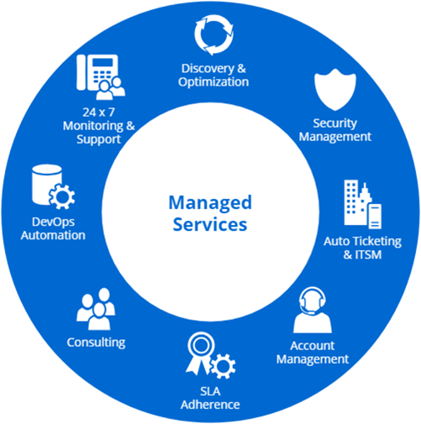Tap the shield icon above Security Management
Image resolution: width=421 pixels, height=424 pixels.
pyautogui.click(x=335, y=90)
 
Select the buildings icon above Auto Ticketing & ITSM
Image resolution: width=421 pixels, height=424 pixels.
pyautogui.click(x=362, y=204)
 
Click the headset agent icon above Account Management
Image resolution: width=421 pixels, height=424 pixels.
pyautogui.click(x=313, y=310)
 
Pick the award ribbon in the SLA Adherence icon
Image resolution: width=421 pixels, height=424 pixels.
pyautogui.click(x=201, y=353)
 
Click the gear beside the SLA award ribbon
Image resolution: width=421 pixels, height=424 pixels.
pyautogui.click(x=224, y=366)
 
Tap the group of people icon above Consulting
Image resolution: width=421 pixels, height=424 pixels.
pyautogui.click(x=96, y=309)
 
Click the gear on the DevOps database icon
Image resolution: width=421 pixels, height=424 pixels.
pyautogui.click(x=62, y=196)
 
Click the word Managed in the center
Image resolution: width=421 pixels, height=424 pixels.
pyautogui.click(x=210, y=204)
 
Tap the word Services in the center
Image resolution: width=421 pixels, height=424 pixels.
pyautogui.click(x=210, y=224)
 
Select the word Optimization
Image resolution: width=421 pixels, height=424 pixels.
pyautogui.click(x=213, y=82)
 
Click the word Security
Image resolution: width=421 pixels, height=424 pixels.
pyautogui.click(x=335, y=123)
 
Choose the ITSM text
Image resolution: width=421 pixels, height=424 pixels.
pyautogui.click(x=368, y=255)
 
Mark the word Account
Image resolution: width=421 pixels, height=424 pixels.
pyautogui.click(x=313, y=346)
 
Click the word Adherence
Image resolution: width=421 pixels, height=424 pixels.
pyautogui.click(x=210, y=405)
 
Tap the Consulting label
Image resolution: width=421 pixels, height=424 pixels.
pyautogui.click(x=96, y=343)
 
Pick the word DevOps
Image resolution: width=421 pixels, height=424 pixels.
pyautogui.click(x=53, y=222)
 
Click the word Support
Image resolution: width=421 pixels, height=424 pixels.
pyautogui.click(x=98, y=139)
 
